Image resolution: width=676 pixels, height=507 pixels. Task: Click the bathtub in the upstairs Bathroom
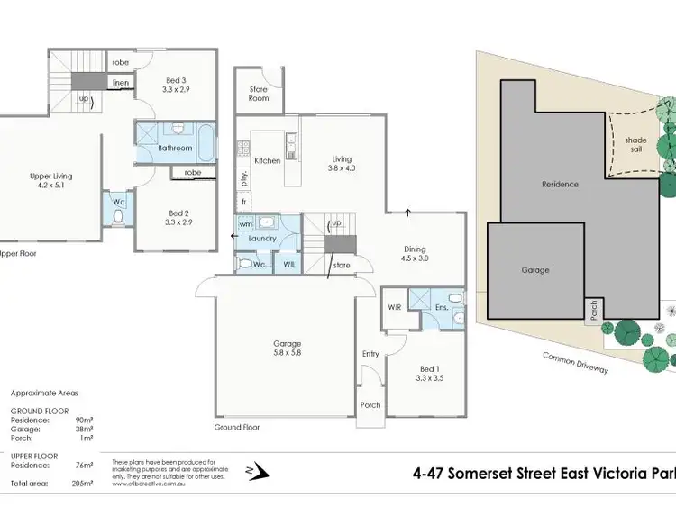coord(205,141)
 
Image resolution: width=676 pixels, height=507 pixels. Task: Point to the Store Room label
coord(260,94)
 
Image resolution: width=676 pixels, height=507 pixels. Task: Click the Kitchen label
coord(268,160)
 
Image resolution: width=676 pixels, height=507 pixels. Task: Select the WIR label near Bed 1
coord(393,307)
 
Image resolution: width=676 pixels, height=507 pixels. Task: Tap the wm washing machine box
coord(245,223)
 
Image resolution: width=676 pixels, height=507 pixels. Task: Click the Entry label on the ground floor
coord(371,353)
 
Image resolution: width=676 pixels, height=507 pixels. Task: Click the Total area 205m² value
coord(83,484)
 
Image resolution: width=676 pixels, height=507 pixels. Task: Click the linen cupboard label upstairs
coord(121,83)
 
